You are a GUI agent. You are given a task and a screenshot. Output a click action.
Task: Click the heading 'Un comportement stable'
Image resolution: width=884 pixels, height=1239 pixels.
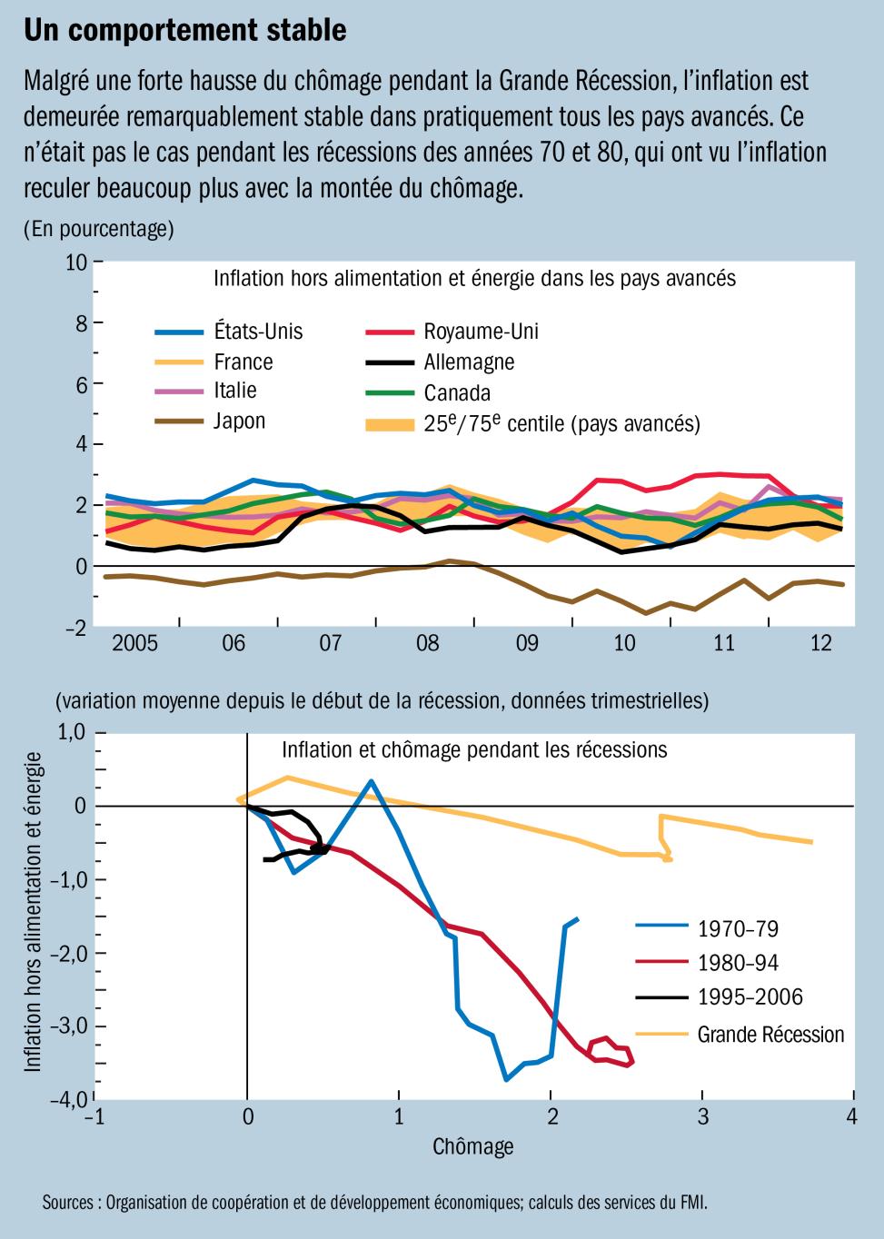tap(184, 30)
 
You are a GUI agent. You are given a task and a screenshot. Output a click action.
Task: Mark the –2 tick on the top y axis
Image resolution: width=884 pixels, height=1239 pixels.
tap(74, 627)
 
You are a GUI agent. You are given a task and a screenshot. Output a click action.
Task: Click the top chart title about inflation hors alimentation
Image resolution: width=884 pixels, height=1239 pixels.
tap(474, 278)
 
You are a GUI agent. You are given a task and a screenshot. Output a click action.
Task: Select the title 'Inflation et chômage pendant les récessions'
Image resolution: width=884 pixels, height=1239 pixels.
tap(474, 749)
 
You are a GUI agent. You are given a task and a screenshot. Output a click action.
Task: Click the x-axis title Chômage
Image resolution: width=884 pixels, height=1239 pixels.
tap(472, 1146)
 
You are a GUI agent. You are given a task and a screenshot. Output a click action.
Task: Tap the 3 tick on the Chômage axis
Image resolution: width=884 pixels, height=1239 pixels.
tap(701, 1115)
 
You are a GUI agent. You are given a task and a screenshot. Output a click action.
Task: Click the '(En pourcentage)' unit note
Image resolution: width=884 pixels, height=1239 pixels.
tap(99, 228)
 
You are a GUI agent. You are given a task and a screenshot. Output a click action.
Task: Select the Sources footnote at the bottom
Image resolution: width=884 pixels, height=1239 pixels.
tap(374, 1203)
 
